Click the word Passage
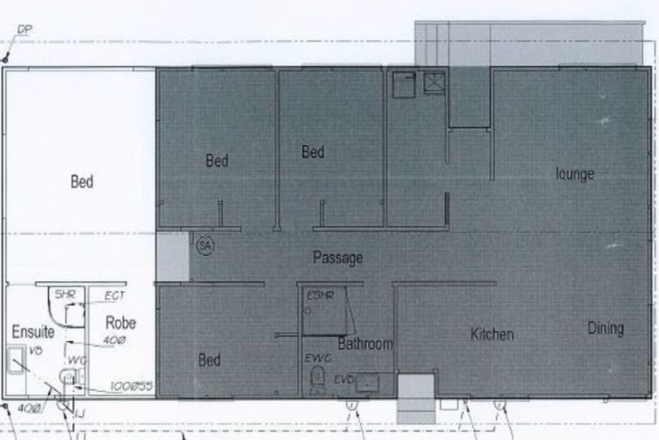337,258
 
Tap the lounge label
574,174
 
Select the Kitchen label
492,334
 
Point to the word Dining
605,328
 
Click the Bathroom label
365,345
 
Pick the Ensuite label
33,331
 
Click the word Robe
120,323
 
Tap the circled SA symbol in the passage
204,245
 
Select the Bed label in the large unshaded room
82,182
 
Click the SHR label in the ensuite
66,295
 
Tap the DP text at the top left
24,30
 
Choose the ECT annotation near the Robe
114,296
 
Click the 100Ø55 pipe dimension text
131,387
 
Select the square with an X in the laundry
435,82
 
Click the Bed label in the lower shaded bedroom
209,361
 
